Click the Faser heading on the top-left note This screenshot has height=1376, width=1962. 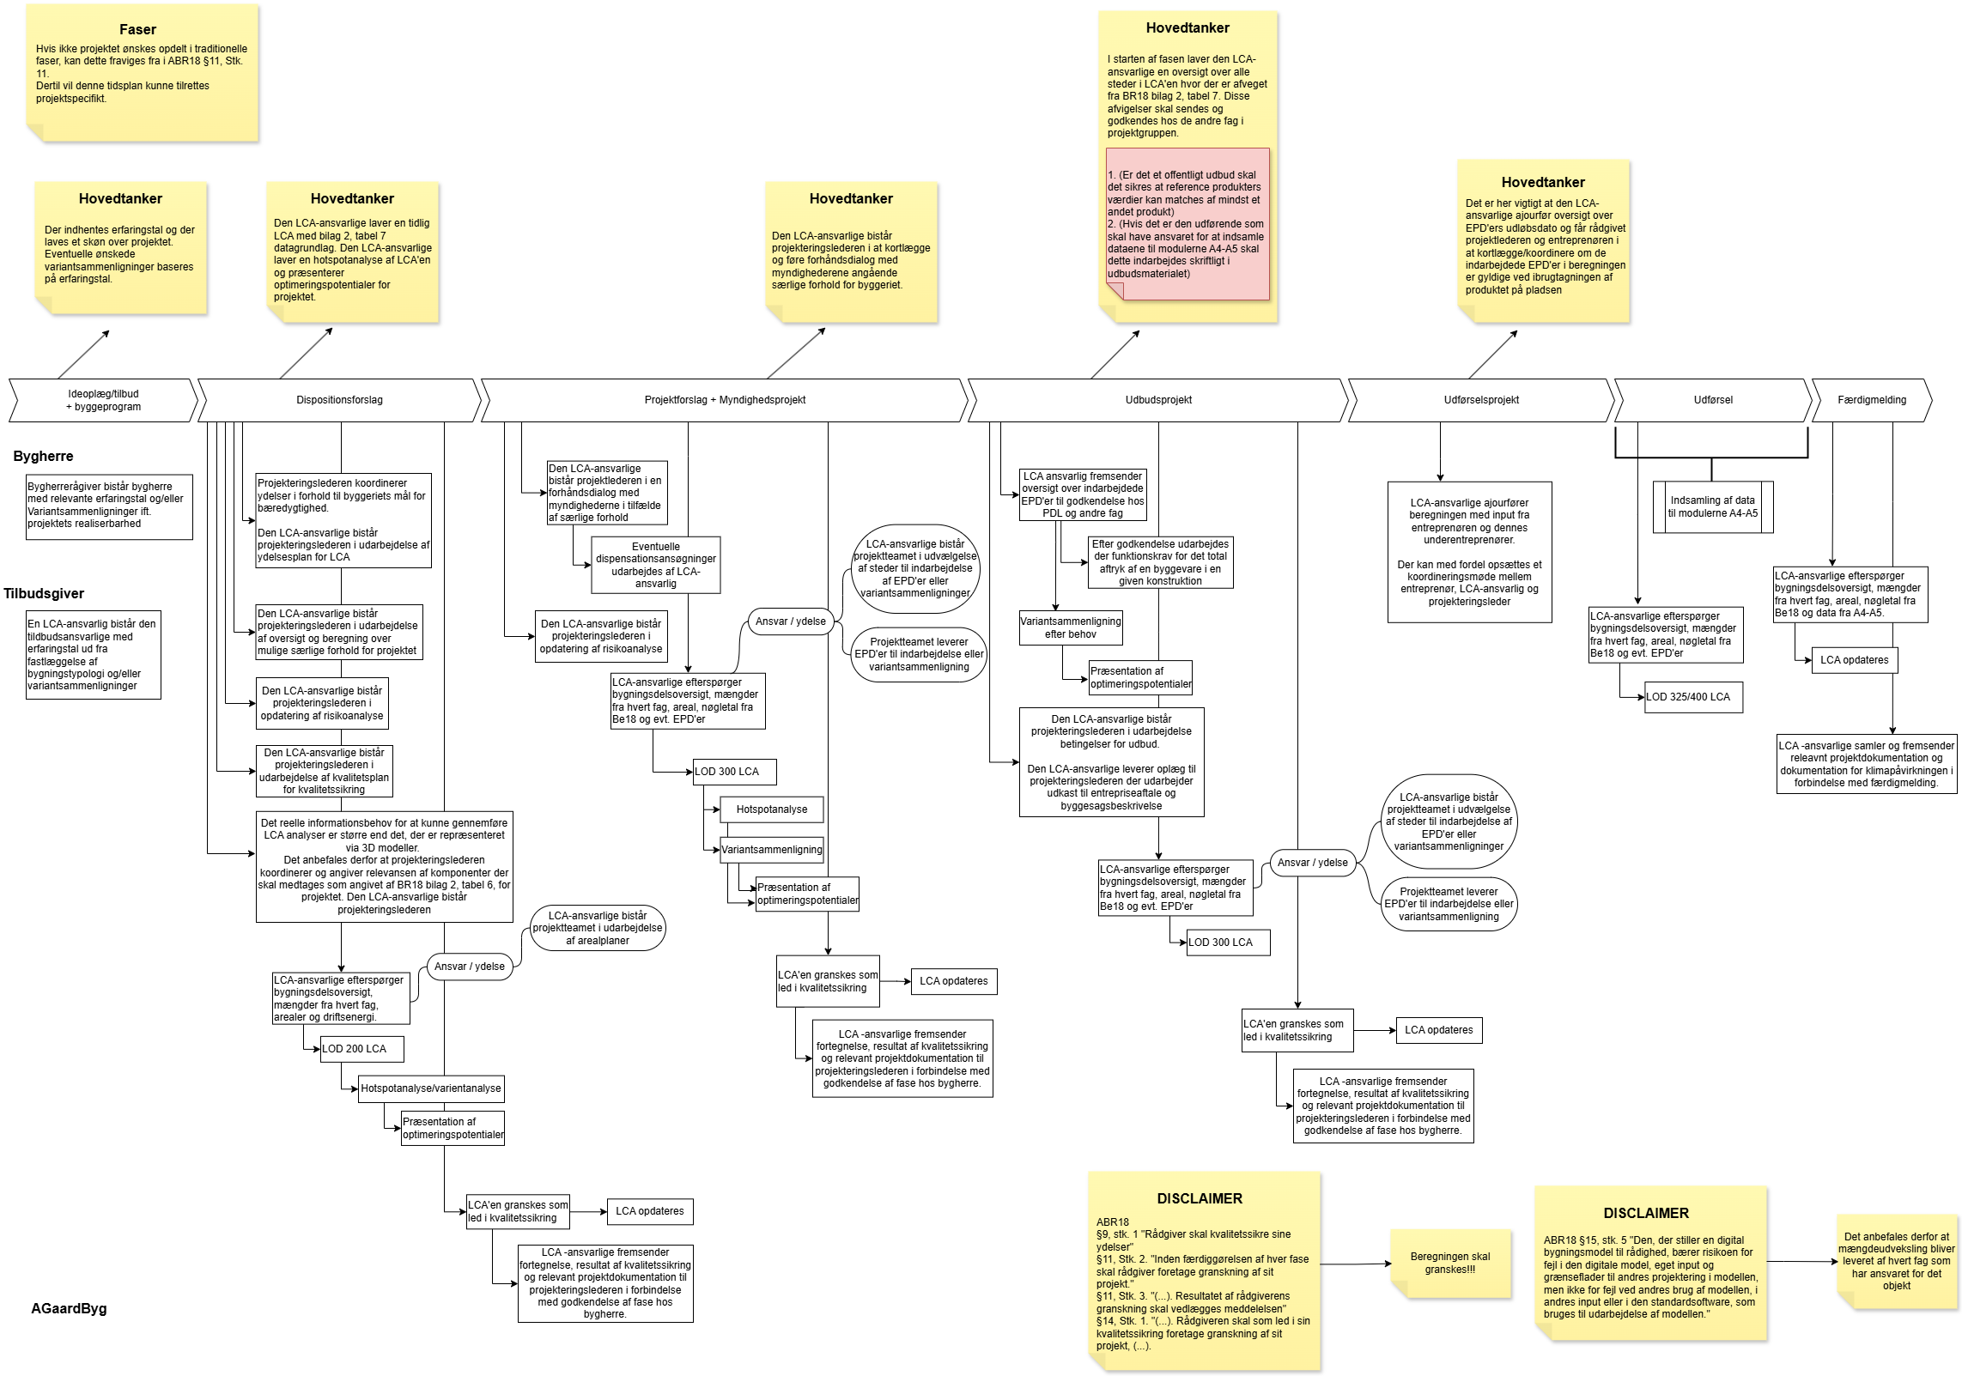coord(137,29)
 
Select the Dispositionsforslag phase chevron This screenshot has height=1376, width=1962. coord(339,400)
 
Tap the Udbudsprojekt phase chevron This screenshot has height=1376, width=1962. coord(1157,400)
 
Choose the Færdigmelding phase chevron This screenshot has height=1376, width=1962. coord(1872,400)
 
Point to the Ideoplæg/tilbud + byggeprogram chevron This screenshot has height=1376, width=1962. coord(103,400)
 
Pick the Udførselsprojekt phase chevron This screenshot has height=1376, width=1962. coord(1481,400)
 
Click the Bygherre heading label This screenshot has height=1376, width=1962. coord(43,457)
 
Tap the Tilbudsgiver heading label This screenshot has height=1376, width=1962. coord(44,594)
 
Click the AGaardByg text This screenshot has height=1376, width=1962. coord(69,1309)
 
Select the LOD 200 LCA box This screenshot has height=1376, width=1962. coord(361,1049)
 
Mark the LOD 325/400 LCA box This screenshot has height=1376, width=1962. coord(1693,697)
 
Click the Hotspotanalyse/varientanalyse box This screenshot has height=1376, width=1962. coord(431,1088)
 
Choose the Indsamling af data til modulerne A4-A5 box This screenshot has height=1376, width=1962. coord(1713,507)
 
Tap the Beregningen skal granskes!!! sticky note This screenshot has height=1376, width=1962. coord(1450,1263)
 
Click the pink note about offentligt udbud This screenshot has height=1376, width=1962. coord(1188,224)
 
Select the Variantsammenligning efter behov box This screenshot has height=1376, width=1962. coord(1071,627)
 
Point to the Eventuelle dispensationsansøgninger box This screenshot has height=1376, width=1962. coord(655,565)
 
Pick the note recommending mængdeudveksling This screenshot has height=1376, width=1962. coord(1897,1261)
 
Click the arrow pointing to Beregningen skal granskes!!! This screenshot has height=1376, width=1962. coord(1355,1264)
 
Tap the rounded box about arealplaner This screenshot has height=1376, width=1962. coord(598,928)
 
